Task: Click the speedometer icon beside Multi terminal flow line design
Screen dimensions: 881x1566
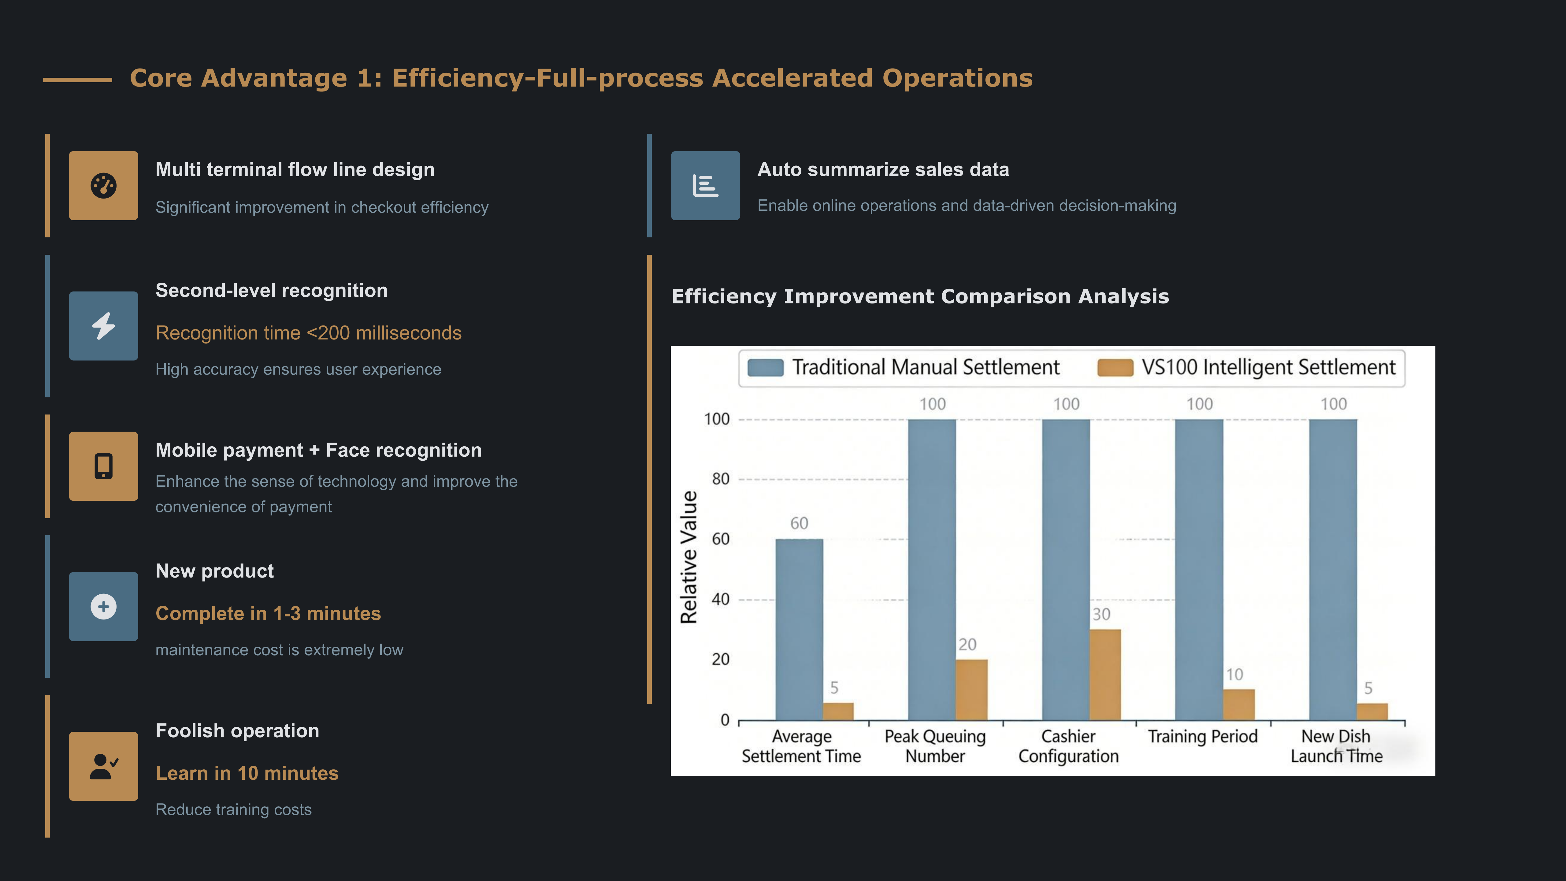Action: click(103, 185)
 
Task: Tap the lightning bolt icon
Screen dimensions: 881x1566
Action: click(103, 326)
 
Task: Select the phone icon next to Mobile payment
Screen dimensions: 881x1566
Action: click(103, 466)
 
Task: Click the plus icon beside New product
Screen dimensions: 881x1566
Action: click(103, 606)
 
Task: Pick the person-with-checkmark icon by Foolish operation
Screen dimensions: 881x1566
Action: click(103, 766)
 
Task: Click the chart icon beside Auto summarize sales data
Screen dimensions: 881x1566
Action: click(705, 185)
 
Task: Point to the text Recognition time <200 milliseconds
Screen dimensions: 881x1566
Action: click(308, 333)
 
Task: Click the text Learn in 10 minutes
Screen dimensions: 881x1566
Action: click(247, 773)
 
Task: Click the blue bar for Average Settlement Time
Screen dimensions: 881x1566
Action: click(799, 629)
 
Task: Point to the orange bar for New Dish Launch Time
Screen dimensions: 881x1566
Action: click(1372, 711)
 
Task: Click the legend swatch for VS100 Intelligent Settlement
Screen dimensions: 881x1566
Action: click(1115, 368)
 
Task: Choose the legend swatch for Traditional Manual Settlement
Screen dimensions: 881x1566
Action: click(765, 368)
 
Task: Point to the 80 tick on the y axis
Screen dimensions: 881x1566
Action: click(720, 479)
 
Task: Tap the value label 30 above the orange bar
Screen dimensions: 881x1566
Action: click(1101, 615)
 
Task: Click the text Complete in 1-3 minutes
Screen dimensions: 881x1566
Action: click(268, 613)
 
